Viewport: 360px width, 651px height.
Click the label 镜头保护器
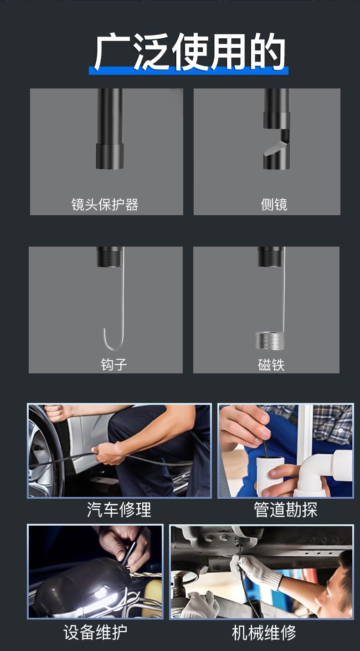(x=105, y=204)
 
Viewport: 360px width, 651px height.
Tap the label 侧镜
(x=274, y=205)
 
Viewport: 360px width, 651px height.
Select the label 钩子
(x=113, y=364)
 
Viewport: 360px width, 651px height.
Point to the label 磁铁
(x=271, y=365)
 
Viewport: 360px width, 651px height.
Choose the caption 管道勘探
(x=286, y=510)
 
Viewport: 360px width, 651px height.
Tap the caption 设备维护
(x=95, y=632)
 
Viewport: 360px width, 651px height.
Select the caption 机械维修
(x=264, y=633)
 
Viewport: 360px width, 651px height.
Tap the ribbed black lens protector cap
(x=110, y=156)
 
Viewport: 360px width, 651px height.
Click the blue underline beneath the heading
(x=189, y=71)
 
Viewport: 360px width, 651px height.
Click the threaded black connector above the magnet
(x=270, y=256)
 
